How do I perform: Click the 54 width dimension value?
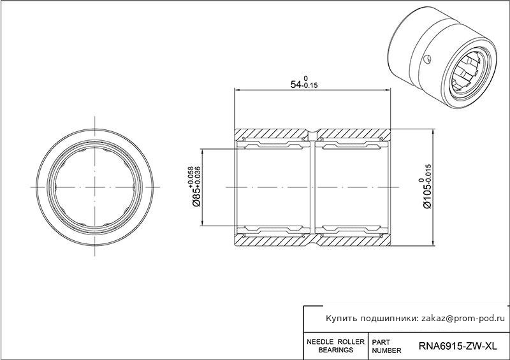coord(296,85)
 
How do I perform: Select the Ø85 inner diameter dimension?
coord(197,196)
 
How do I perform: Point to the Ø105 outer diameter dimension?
coord(427,195)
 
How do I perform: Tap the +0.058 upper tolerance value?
coord(190,176)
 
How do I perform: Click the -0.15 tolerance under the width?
coord(310,86)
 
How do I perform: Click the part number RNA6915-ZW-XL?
coord(458,346)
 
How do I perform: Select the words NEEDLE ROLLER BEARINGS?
coord(336,346)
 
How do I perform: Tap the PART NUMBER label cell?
coord(386,347)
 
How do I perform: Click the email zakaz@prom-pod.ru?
coord(463,319)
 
